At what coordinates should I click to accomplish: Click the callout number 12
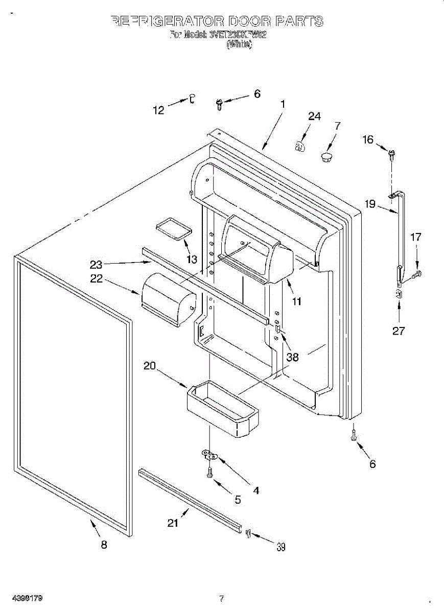(x=160, y=110)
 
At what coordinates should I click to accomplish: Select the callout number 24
(x=314, y=116)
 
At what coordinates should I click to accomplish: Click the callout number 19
(x=370, y=204)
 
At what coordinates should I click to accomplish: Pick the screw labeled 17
(x=416, y=275)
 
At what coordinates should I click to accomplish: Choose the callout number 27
(x=399, y=331)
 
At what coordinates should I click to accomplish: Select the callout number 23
(x=96, y=264)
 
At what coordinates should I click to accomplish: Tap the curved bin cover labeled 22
(x=169, y=300)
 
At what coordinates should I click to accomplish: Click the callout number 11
(x=296, y=301)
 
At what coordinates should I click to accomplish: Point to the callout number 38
(x=292, y=357)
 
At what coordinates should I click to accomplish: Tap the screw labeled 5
(x=209, y=473)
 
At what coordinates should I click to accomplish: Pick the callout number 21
(x=174, y=523)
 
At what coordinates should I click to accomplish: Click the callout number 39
(x=281, y=547)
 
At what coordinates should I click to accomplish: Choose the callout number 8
(x=104, y=545)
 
